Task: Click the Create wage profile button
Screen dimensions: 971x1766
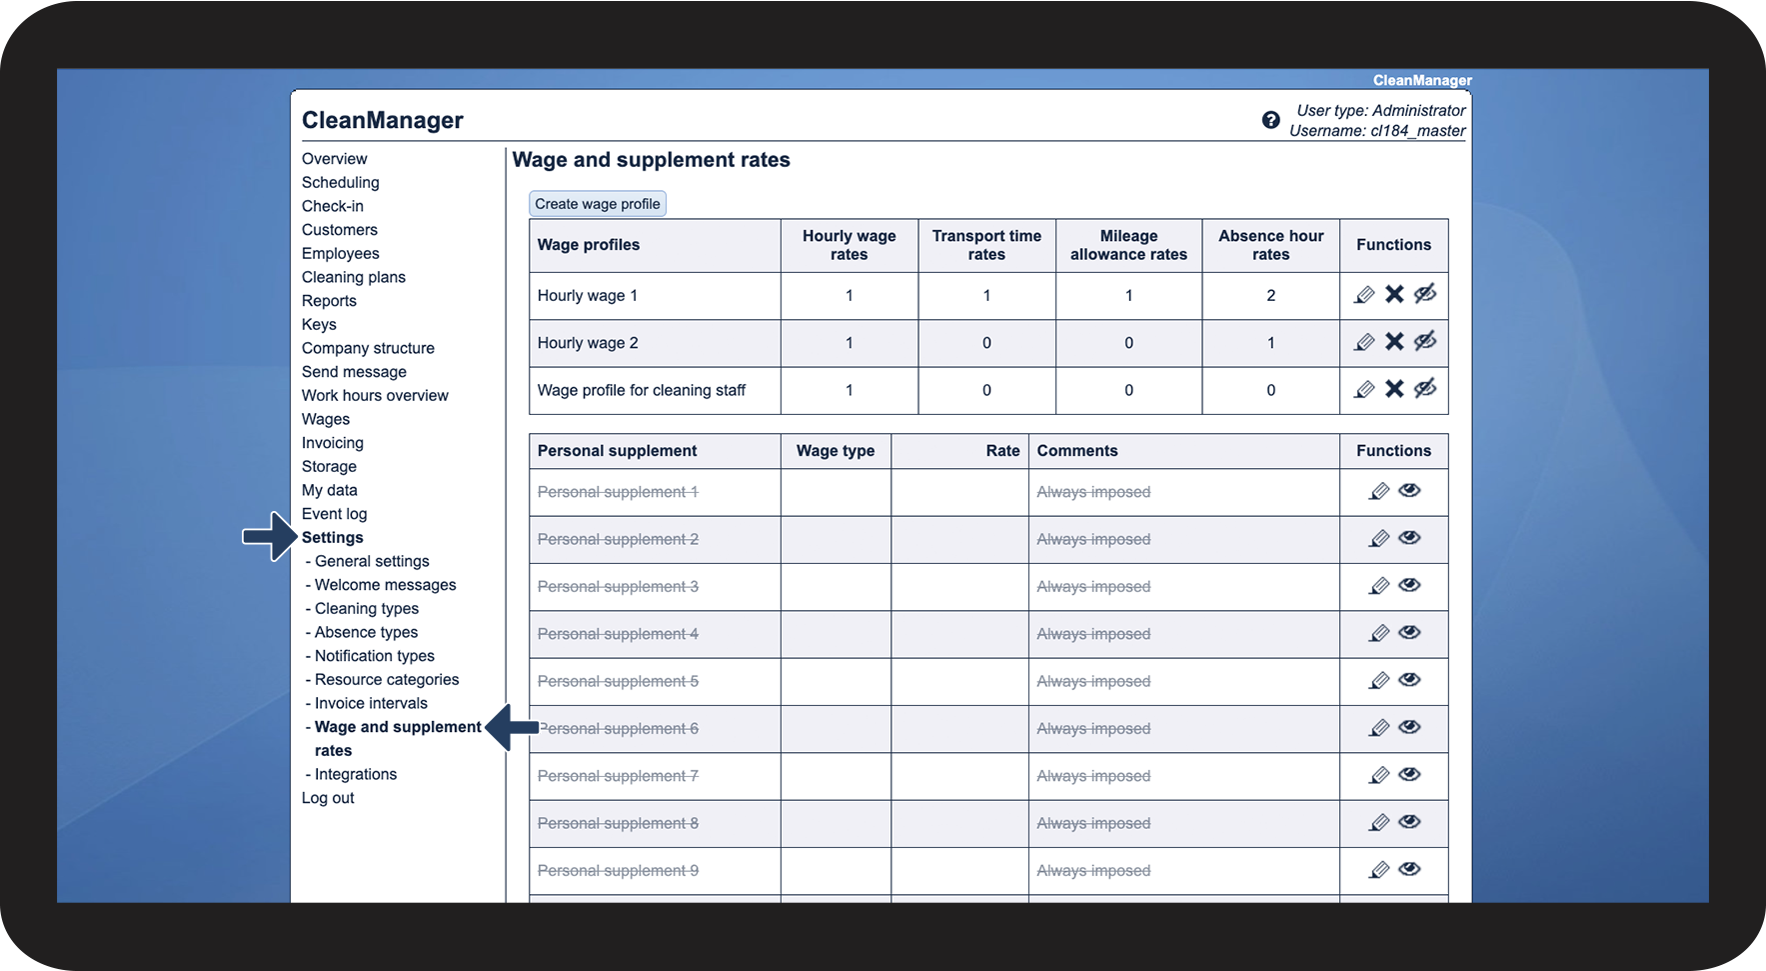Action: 597,204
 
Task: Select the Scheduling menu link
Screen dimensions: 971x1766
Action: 340,182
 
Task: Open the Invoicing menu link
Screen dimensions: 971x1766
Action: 332,443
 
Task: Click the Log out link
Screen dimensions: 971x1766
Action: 328,798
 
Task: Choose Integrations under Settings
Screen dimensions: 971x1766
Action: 355,774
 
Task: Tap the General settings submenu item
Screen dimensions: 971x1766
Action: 371,561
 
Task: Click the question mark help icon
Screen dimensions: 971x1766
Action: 1270,120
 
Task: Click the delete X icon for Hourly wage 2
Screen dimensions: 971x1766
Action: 1394,342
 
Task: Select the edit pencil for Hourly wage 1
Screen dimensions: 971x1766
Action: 1364,295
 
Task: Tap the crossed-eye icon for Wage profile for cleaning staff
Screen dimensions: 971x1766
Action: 1425,388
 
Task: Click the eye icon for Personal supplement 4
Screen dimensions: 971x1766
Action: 1409,632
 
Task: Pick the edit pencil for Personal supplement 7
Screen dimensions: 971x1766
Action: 1379,775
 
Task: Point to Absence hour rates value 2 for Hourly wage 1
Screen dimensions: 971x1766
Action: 1270,295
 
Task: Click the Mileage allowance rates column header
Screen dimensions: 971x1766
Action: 1128,245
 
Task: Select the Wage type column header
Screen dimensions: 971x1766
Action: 835,451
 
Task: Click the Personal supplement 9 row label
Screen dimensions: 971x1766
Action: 618,871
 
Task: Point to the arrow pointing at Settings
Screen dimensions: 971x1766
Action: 270,537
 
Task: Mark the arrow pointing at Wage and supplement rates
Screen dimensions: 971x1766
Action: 511,727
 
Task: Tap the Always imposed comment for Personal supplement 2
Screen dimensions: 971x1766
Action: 1093,539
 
